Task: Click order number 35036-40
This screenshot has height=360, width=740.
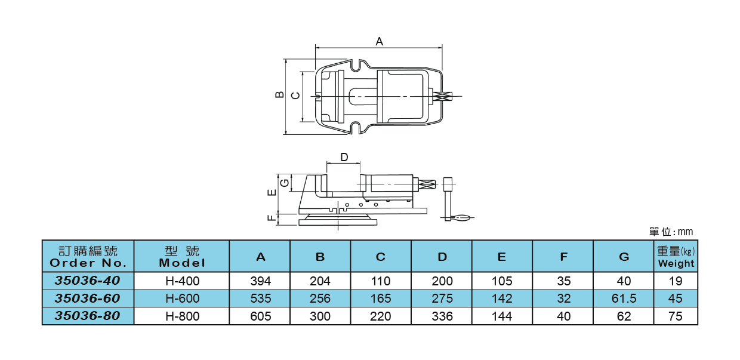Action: (87, 281)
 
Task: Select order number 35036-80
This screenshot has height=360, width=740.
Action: (87, 316)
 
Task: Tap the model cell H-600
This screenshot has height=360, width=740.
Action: (182, 299)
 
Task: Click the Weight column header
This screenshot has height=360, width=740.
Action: (676, 257)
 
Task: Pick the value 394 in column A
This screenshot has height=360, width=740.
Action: (260, 281)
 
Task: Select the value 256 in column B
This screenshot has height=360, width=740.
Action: (320, 299)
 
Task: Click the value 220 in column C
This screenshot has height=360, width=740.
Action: (381, 316)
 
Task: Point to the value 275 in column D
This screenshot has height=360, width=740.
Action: (442, 299)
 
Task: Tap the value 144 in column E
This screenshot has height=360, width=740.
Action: (501, 316)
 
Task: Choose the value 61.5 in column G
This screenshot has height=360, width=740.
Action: (624, 299)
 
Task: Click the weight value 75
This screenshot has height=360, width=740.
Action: (676, 316)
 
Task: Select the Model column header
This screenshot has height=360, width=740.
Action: (182, 257)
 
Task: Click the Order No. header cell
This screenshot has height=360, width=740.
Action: (88, 257)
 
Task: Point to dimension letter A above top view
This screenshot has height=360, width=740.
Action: (379, 41)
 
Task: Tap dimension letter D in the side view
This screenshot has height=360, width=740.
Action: (344, 157)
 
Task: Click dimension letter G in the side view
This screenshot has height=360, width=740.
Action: (285, 181)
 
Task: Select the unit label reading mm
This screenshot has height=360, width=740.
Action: (685, 232)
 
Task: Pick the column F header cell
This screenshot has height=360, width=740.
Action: (563, 257)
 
